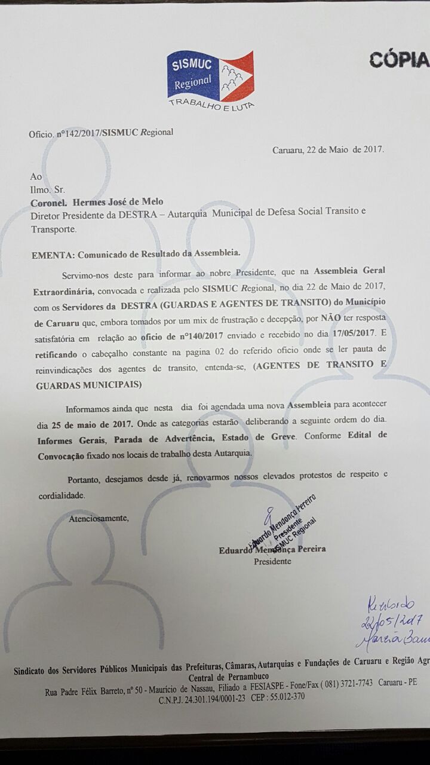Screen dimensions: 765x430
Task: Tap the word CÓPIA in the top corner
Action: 399,60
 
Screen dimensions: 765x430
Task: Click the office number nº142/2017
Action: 78,133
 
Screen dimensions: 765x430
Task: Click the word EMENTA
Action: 52,253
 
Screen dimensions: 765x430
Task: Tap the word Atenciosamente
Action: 99,518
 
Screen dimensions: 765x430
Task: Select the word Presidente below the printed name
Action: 273,561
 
